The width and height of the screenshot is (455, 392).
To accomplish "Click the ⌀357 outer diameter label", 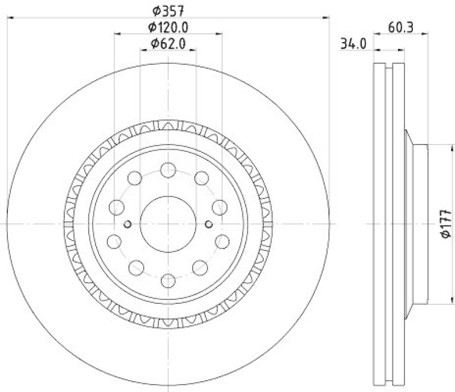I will pyautogui.click(x=168, y=10).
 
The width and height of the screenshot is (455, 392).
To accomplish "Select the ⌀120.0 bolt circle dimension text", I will pyautogui.click(x=168, y=27).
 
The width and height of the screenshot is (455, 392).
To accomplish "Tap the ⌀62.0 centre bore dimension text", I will pyautogui.click(x=168, y=44).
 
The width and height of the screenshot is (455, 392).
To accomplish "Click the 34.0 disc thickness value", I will pyautogui.click(x=353, y=44).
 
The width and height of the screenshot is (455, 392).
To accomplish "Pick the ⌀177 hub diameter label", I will pyautogui.click(x=445, y=224).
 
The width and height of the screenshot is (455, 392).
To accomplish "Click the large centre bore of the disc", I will pyautogui.click(x=168, y=224).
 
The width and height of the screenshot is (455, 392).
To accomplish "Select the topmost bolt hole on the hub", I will pyautogui.click(x=168, y=169).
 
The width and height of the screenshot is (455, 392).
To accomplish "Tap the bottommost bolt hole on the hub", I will pyautogui.click(x=168, y=279).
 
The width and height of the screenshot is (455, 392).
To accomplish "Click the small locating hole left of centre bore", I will pyautogui.click(x=128, y=223).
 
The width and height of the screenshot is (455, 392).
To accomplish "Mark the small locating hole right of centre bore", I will pyautogui.click(x=209, y=223).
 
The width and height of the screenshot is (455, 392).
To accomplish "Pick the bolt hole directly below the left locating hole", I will pyautogui.click(x=116, y=241).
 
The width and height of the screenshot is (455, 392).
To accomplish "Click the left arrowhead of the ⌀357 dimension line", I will pyautogui.click(x=10, y=18).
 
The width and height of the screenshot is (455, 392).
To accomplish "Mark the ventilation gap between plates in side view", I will pyautogui.click(x=389, y=224).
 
